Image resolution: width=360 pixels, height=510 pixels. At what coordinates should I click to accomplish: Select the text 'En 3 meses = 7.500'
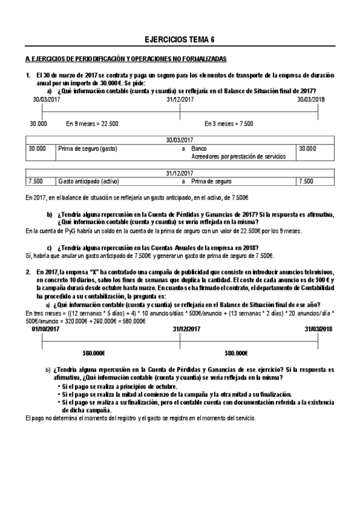pyautogui.click(x=228, y=123)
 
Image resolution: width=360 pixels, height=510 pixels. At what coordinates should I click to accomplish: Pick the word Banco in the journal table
pyautogui.click(x=199, y=147)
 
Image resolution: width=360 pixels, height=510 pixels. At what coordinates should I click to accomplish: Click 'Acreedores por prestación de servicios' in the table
pyautogui.click(x=239, y=156)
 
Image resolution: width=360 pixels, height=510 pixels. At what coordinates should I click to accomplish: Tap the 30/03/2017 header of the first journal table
pyautogui.click(x=180, y=140)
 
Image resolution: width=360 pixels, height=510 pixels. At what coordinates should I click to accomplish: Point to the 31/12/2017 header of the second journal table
pyautogui.click(x=180, y=173)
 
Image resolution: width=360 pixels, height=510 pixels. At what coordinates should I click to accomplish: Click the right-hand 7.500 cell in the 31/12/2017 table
pyautogui.click(x=306, y=181)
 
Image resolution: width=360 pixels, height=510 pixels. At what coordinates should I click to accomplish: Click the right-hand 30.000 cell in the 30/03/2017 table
pyautogui.click(x=307, y=147)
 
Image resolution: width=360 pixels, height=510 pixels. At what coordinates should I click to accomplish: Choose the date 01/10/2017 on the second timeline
pyautogui.click(x=46, y=329)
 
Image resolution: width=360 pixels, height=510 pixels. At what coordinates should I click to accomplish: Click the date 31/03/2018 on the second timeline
pyautogui.click(x=318, y=329)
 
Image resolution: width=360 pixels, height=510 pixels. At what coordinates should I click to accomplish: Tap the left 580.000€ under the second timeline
pyautogui.click(x=94, y=354)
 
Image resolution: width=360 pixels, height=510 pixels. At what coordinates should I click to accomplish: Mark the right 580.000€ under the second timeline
pyautogui.click(x=237, y=354)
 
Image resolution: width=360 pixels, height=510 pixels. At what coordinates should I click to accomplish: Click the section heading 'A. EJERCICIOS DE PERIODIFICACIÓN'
pyautogui.click(x=126, y=59)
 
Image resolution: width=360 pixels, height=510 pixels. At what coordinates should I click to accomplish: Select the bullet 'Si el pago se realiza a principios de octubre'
pyautogui.click(x=120, y=386)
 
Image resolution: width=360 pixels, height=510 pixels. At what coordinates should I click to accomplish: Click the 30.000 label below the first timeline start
pyautogui.click(x=38, y=123)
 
